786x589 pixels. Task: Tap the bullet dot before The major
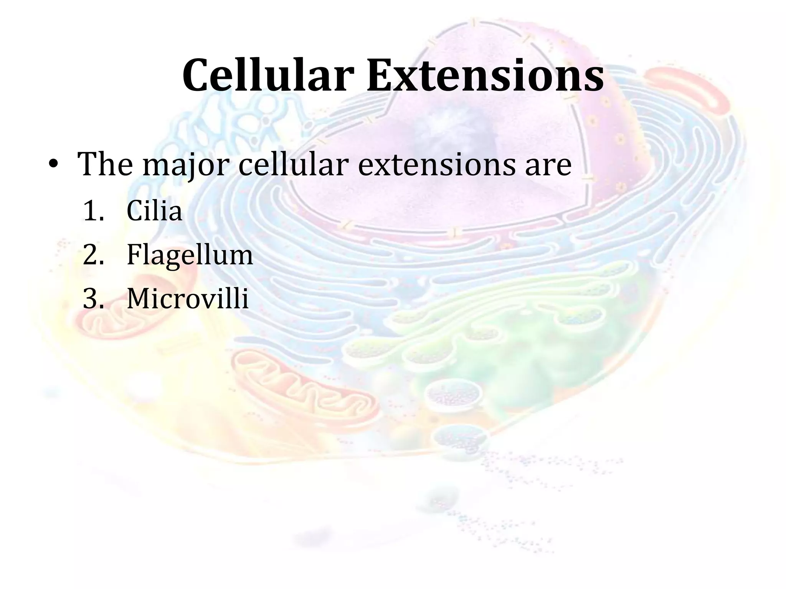pos(53,165)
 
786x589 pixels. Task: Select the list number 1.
pos(93,211)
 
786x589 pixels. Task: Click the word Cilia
pos(154,211)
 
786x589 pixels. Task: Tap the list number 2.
pos(93,255)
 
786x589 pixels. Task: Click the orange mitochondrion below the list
pos(303,387)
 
